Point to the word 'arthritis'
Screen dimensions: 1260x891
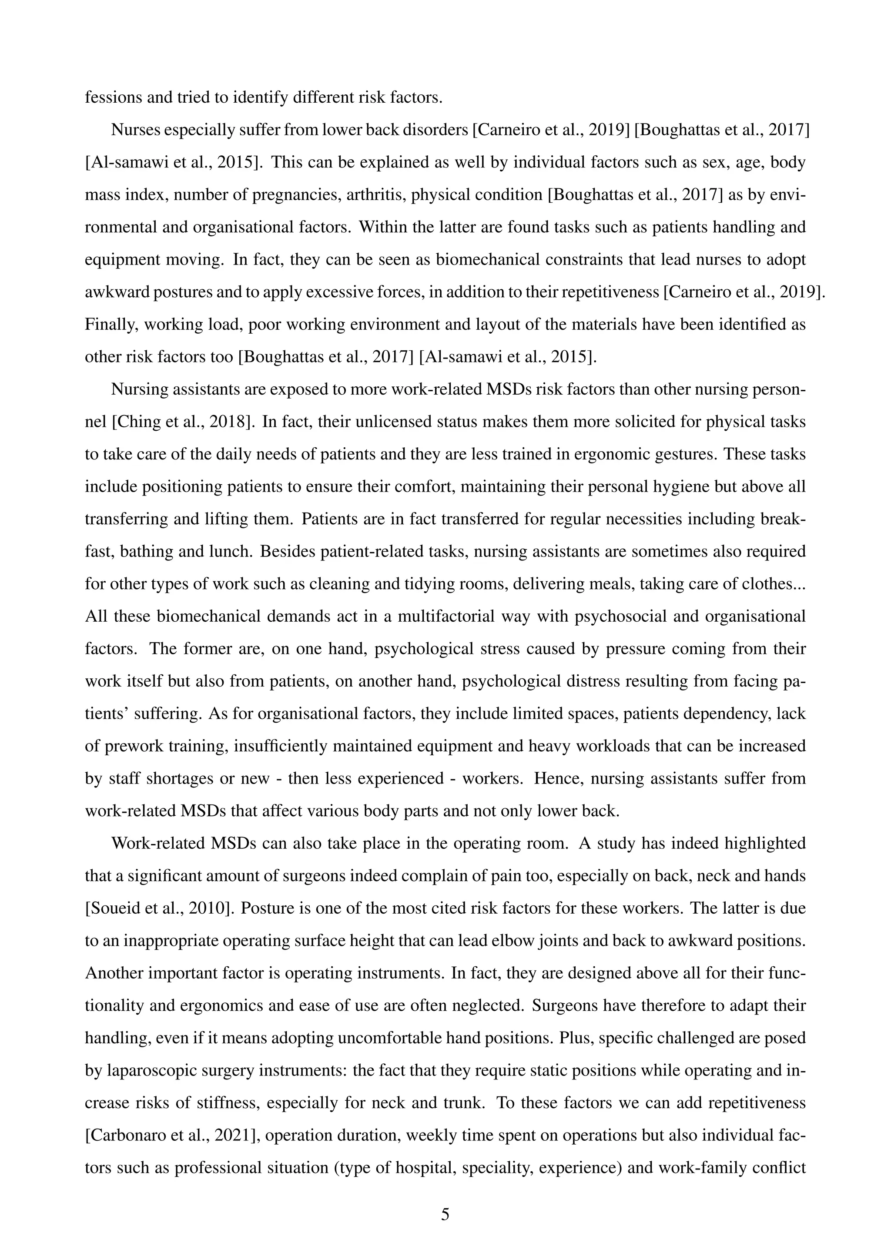click(x=376, y=195)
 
